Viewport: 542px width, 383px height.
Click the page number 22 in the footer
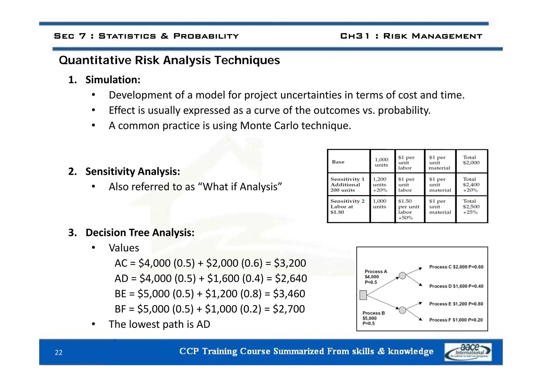pos(58,352)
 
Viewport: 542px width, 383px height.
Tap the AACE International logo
pos(468,352)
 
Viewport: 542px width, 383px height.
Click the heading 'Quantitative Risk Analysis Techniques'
pos(169,60)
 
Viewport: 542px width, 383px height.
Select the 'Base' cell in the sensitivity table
pos(338,162)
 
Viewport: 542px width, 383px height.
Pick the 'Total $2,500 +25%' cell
pos(471,207)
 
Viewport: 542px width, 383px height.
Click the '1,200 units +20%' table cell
pos(380,185)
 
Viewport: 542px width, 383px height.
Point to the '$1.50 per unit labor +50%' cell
pos(409,209)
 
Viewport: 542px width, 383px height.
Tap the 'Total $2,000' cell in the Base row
pos(471,160)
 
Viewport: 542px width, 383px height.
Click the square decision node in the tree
pos(363,295)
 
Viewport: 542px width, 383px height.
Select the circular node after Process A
pos(402,276)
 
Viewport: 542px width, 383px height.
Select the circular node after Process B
pos(402,310)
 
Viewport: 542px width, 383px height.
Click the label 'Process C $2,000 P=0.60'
pos(456,267)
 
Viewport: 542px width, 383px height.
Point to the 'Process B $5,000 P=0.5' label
pos(373,318)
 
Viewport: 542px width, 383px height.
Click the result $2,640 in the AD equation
pos(291,279)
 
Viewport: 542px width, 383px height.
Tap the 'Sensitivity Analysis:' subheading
pos(133,171)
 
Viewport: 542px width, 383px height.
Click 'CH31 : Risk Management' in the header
pos(411,36)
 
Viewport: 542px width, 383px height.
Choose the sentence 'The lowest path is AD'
pos(159,324)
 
